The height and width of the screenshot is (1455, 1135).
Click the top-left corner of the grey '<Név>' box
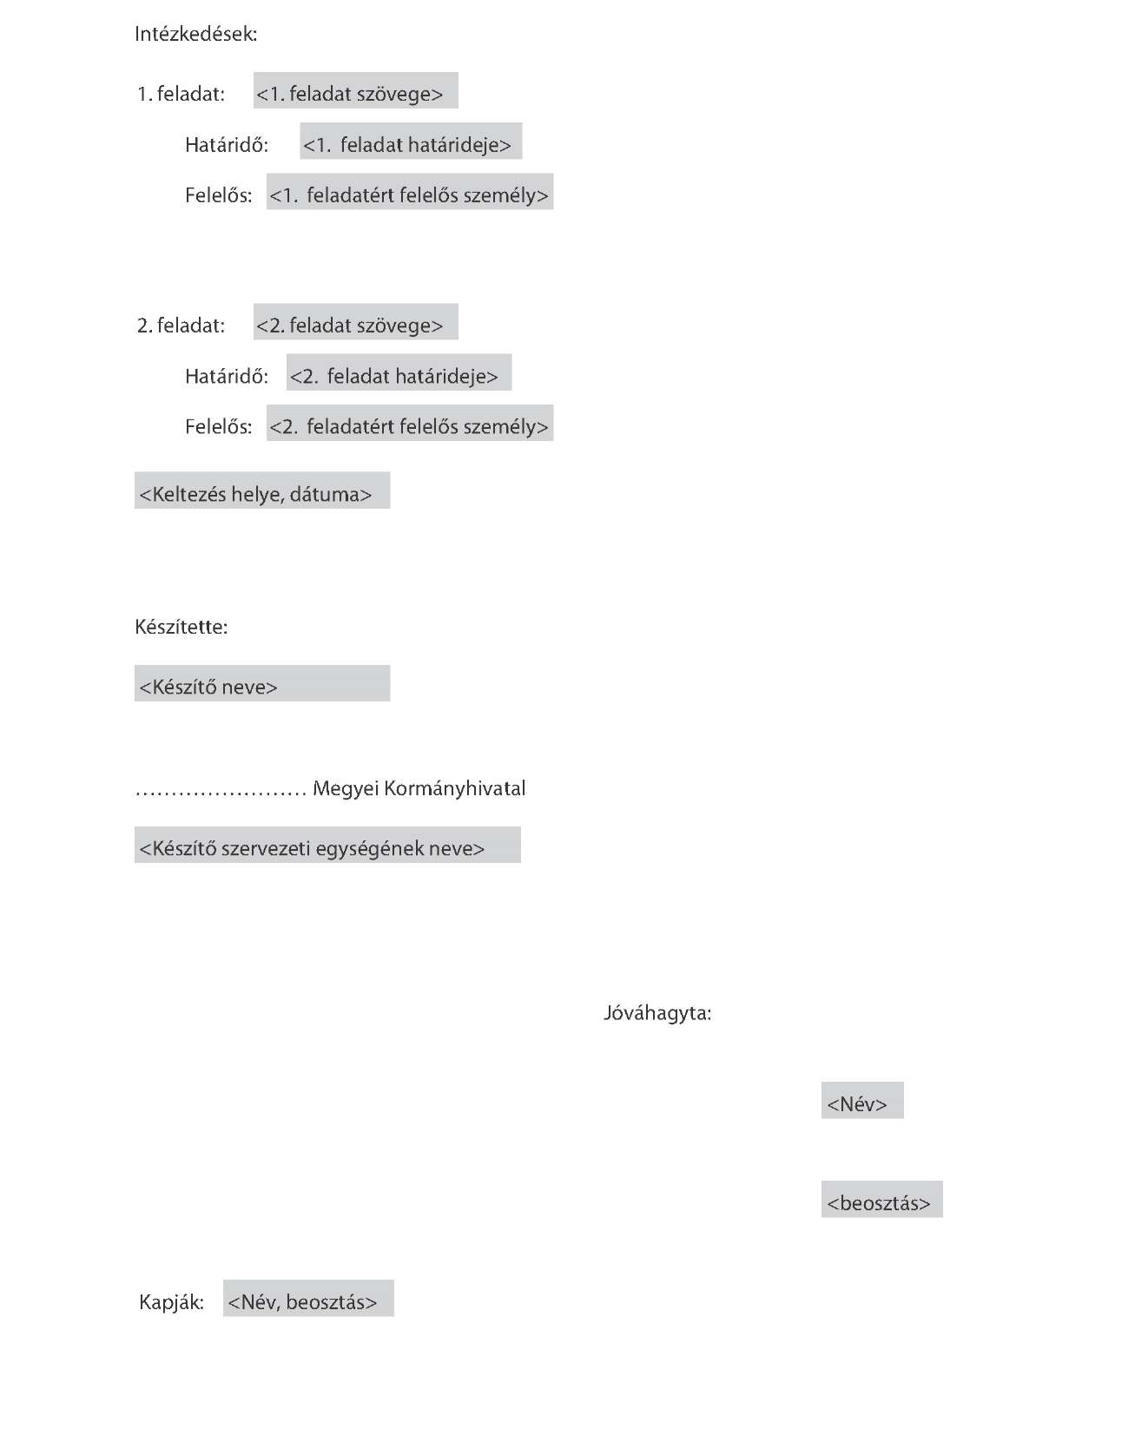[x=822, y=1082]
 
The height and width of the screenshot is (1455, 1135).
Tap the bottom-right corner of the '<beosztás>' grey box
[x=943, y=1217]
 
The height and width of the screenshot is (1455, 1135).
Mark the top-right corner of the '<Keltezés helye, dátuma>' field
[x=390, y=472]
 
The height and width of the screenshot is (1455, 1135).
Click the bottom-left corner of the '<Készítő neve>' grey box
[x=135, y=701]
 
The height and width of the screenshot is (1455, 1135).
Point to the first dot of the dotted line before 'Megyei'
[x=138, y=793]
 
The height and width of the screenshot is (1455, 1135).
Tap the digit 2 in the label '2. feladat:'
[x=143, y=326]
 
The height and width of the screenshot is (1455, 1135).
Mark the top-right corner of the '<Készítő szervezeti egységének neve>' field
[x=521, y=827]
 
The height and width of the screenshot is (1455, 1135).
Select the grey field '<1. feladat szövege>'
[x=356, y=90]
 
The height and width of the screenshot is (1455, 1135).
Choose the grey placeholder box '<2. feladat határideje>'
[x=399, y=372]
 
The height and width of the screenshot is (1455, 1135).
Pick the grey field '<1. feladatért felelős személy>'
[x=410, y=192]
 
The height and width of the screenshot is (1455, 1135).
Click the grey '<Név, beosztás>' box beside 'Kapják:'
[x=308, y=1298]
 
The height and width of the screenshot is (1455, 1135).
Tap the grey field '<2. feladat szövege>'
[x=356, y=321]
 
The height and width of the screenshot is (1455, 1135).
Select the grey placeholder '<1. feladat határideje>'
[x=412, y=141]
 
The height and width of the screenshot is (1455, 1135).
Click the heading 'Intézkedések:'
[x=196, y=34]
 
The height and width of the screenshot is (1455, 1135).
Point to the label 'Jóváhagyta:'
[x=657, y=1013]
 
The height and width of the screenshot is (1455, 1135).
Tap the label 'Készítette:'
[x=181, y=627]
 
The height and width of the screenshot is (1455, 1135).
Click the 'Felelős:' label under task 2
[x=219, y=426]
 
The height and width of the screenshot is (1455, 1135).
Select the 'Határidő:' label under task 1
[x=227, y=144]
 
